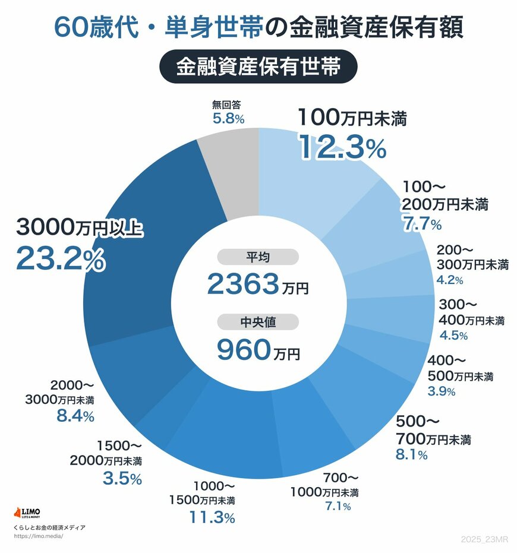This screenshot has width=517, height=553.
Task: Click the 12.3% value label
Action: [342, 147]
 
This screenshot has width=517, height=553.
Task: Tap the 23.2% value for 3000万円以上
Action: [61, 258]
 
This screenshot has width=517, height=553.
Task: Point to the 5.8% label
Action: [229, 118]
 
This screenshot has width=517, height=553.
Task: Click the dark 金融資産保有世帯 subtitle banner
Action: [258, 67]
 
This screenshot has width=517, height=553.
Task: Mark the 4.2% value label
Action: [449, 279]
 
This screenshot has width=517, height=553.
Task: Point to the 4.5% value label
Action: [453, 335]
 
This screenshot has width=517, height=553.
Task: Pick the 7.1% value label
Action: [337, 506]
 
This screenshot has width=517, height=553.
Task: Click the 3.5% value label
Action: [122, 478]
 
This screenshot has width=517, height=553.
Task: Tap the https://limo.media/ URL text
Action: [38, 536]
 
